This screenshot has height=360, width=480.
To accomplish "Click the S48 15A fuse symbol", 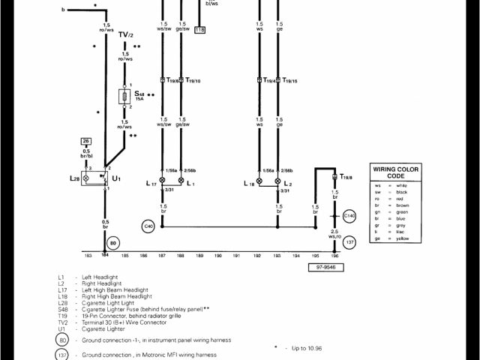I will pyautogui.click(x=124, y=97).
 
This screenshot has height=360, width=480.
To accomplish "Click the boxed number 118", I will pyautogui.click(x=199, y=31).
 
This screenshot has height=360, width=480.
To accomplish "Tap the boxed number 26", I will pyautogui.click(x=87, y=141).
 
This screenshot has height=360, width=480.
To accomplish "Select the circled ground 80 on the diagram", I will pyautogui.click(x=112, y=243).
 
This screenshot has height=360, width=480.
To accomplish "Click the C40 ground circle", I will pyautogui.click(x=147, y=225).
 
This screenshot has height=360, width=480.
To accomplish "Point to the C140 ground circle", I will pyautogui.click(x=349, y=216).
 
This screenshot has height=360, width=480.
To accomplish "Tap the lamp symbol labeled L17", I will pyautogui.click(x=162, y=181).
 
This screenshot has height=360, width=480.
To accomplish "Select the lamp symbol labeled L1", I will pyautogui.click(x=181, y=181).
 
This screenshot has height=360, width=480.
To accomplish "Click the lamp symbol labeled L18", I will pyautogui.click(x=259, y=181).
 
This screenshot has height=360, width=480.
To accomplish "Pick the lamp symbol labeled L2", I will pyautogui.click(x=278, y=181).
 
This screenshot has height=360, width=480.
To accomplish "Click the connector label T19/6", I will pyautogui.click(x=172, y=80).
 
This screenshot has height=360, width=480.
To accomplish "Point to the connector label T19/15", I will pyautogui.click(x=289, y=80).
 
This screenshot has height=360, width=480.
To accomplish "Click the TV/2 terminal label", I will pyautogui.click(x=125, y=35).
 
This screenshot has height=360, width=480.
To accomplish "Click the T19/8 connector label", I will pyautogui.click(x=346, y=176).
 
